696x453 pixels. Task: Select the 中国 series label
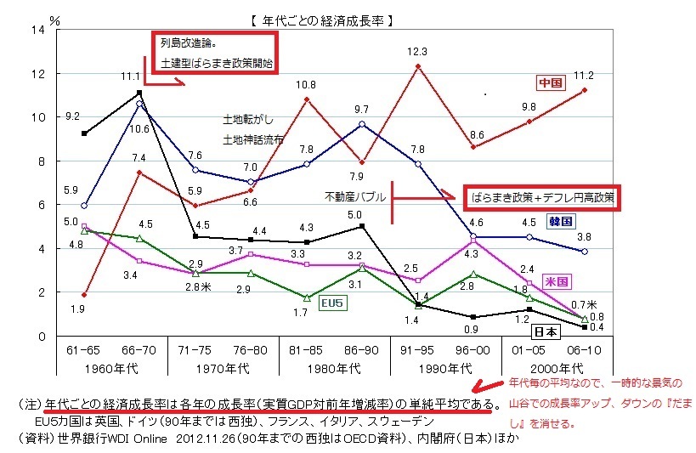548,82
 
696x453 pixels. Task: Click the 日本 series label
548,332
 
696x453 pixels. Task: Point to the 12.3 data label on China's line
416,52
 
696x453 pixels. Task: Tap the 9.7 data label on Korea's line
361,109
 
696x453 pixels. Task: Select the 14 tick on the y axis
36,30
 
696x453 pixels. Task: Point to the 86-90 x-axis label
361,350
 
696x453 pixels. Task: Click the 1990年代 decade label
444,368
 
